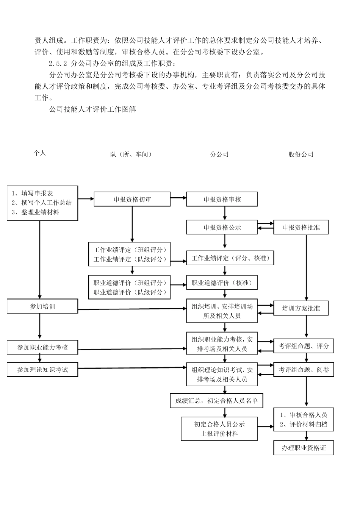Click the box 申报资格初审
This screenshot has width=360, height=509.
click(x=132, y=199)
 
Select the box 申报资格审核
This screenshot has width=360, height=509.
click(x=222, y=199)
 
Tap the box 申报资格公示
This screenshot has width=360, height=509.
click(x=222, y=227)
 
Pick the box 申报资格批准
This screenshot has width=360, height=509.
click(x=301, y=227)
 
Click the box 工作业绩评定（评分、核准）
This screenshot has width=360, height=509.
click(x=230, y=258)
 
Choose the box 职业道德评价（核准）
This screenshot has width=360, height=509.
click(x=222, y=283)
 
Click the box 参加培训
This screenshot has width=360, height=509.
click(x=42, y=306)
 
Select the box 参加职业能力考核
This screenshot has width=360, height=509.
click(x=42, y=347)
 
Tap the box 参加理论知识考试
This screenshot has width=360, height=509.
click(x=42, y=370)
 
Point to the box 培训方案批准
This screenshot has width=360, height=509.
click(x=301, y=308)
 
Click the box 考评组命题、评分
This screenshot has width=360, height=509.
click(x=304, y=346)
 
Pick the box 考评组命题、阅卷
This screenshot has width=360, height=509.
click(x=304, y=370)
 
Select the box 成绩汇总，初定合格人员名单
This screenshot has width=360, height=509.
click(x=216, y=401)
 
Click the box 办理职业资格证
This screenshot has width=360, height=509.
click(x=304, y=448)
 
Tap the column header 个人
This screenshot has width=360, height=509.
click(x=40, y=153)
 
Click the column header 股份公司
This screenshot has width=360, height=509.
click(x=301, y=155)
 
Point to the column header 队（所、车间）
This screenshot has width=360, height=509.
click(x=131, y=155)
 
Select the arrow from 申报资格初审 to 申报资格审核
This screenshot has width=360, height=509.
click(x=178, y=197)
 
